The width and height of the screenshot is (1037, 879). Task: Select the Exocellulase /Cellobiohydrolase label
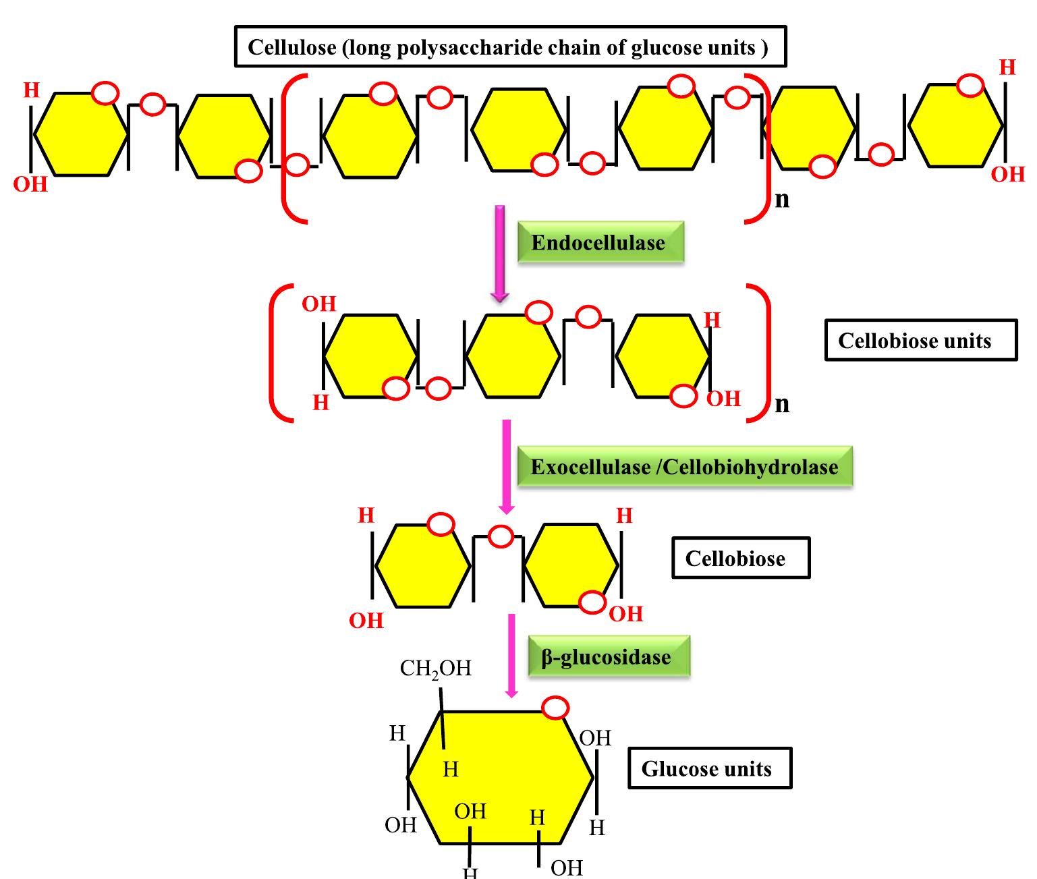684,467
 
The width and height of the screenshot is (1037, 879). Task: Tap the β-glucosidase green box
608,656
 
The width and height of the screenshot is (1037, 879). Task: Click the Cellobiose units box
920,340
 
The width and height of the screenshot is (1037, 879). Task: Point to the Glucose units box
709,768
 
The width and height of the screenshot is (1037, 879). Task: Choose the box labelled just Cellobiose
740,558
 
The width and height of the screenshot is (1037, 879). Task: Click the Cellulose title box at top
510,47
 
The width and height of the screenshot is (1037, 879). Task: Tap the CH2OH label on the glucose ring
436,668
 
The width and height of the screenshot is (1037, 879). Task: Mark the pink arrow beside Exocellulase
506,466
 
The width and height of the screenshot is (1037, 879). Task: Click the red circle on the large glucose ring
556,708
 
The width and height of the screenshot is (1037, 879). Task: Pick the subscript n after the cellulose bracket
782,200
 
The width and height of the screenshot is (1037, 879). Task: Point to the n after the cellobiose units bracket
782,403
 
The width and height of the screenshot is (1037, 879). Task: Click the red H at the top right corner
1007,67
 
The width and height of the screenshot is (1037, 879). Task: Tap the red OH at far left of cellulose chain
30,183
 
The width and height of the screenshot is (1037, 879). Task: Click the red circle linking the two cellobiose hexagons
501,536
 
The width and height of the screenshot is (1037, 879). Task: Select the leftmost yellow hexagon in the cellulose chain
81,135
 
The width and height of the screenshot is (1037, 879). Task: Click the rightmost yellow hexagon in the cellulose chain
955,125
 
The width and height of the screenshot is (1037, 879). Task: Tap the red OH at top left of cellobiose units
318,304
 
